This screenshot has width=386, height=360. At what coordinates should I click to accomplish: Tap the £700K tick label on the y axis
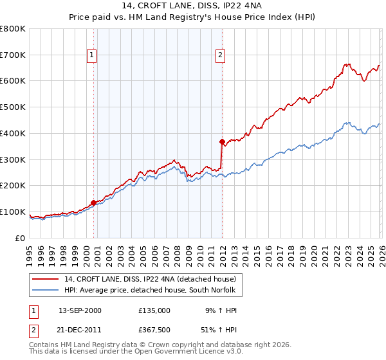[13, 55]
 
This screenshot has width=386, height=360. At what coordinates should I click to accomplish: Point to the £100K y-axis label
[13, 212]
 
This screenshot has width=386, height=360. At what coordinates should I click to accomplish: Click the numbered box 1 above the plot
[93, 55]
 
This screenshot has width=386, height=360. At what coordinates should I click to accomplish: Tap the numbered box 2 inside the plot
[220, 55]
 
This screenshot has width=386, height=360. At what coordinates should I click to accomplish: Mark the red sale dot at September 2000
[94, 203]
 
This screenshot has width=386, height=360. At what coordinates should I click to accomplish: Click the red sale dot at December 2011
[222, 141]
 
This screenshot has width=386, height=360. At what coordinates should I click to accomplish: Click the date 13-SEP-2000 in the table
[80, 310]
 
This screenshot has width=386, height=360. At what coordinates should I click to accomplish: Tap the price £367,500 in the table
[154, 330]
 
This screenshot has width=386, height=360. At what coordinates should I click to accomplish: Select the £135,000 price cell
[154, 310]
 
